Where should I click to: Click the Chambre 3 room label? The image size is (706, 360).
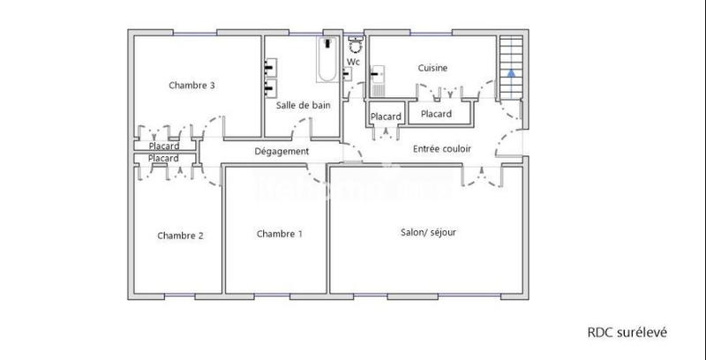[192, 86]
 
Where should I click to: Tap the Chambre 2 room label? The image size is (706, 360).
[181, 236]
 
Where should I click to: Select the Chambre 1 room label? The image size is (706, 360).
[280, 234]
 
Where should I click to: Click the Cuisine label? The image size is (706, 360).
[432, 68]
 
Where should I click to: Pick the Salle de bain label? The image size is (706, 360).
[303, 105]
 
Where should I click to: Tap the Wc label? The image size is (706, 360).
[353, 63]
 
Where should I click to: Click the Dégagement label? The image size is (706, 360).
[282, 152]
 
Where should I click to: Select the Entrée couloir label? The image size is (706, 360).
[442, 150]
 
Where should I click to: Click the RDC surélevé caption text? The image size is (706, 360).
[627, 333]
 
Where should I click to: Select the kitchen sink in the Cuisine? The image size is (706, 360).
[379, 75]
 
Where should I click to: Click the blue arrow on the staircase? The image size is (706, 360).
[510, 74]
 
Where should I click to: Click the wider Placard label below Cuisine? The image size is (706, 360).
[436, 114]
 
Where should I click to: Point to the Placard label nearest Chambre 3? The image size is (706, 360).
[164, 146]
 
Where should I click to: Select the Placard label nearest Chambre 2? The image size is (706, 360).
[164, 158]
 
